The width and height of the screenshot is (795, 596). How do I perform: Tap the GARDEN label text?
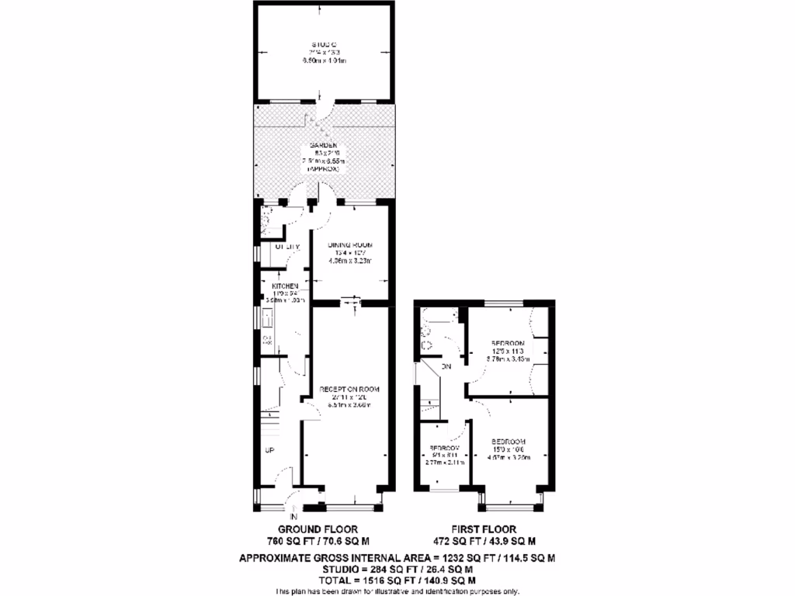(323, 146)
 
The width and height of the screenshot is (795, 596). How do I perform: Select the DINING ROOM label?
(349, 245)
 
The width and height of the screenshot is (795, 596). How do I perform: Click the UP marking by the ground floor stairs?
(269, 451)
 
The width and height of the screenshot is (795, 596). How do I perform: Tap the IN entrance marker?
(293, 516)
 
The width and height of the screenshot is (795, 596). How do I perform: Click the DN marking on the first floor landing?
(446, 366)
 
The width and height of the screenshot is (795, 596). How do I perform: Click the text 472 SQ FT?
(455, 542)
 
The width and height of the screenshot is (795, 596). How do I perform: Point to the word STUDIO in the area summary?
(346, 569)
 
